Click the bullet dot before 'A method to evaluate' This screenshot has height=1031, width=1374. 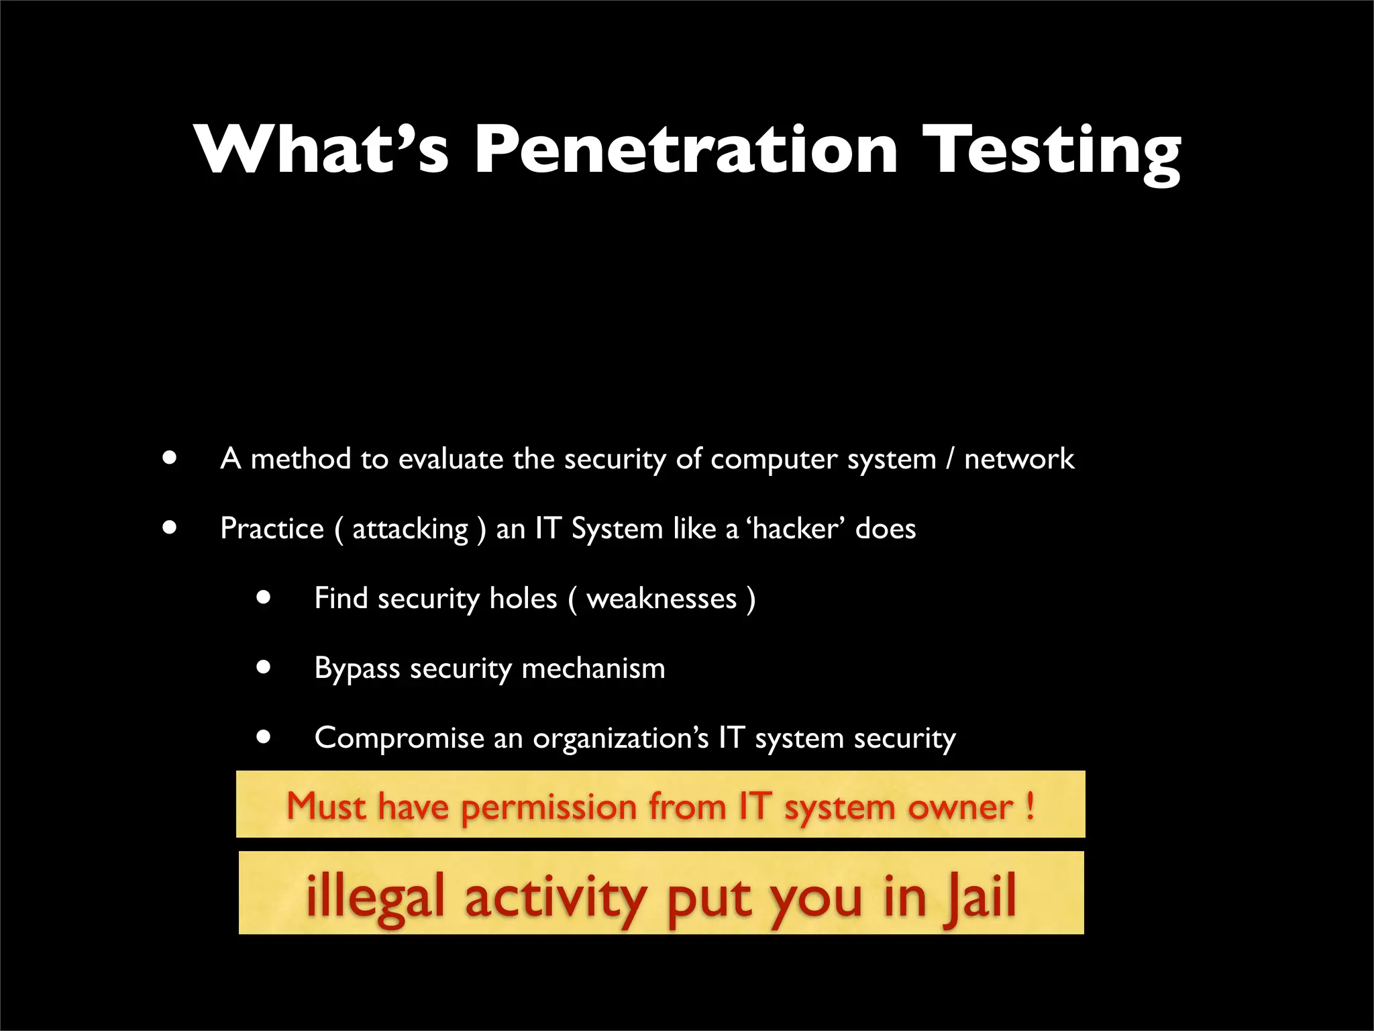coord(170,458)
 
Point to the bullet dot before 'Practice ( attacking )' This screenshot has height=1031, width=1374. coord(170,528)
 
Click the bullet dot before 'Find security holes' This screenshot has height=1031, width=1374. coord(264,597)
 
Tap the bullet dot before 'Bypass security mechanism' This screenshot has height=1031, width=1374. coord(264,667)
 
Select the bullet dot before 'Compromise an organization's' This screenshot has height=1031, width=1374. coord(264,737)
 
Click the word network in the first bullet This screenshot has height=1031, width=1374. coord(1018,459)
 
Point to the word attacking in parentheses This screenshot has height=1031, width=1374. coord(410,530)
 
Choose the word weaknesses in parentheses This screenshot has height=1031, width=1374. coord(662,599)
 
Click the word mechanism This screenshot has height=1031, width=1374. coord(593,669)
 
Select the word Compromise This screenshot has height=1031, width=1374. coord(399,738)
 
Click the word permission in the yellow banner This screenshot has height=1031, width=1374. coord(548,807)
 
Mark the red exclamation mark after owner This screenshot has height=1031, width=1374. coord(1030,805)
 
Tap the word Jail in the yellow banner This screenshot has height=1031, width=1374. coord(980,897)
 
